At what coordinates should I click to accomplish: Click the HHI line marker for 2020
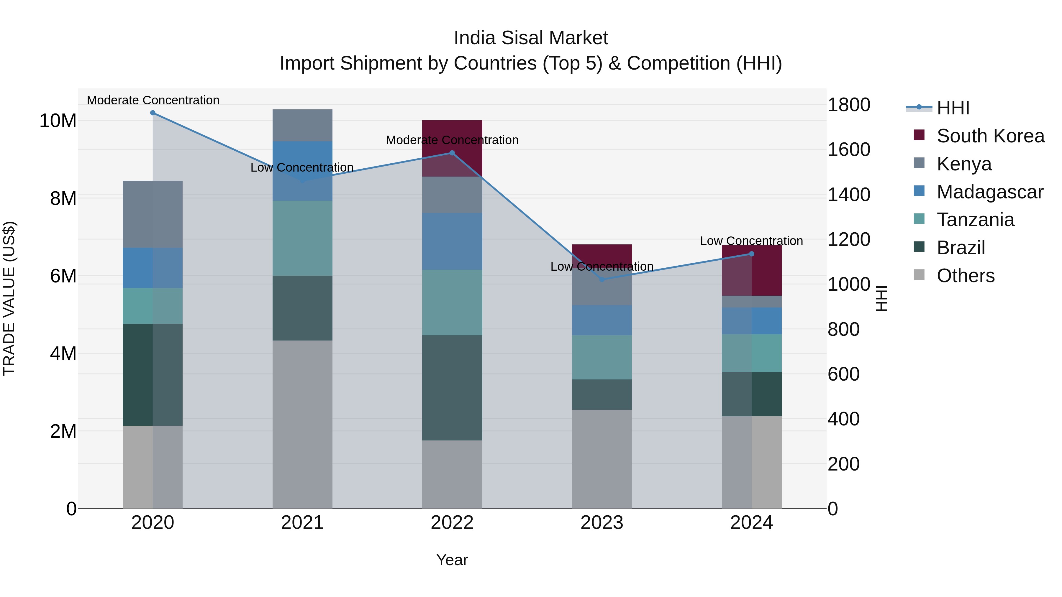(153, 113)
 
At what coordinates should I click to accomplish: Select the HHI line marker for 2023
(602, 279)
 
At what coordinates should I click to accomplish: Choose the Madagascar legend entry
(989, 192)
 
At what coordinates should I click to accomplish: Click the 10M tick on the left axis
(58, 121)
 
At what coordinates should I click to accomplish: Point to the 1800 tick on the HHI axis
(849, 105)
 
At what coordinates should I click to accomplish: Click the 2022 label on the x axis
(452, 523)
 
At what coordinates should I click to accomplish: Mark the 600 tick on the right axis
(843, 374)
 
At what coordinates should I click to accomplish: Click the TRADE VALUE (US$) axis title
(9, 298)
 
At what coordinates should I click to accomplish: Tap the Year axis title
(452, 560)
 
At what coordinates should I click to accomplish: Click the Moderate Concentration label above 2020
(153, 100)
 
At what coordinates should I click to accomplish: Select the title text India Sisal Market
(531, 38)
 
